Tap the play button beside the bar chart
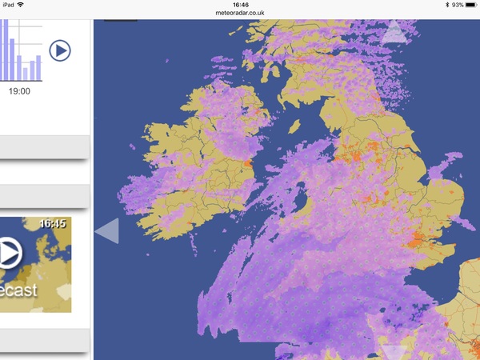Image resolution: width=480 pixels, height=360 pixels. [60, 50]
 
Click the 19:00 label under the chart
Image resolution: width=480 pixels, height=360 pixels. [19, 91]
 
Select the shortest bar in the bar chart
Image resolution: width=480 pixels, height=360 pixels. [25, 73]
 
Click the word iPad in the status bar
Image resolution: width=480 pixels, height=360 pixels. [10, 5]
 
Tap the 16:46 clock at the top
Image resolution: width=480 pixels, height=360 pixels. [239, 5]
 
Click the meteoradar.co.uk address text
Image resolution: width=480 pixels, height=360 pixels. [239, 13]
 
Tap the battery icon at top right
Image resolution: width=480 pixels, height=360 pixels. [471, 5]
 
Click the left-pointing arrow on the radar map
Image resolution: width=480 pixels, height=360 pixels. [107, 231]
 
